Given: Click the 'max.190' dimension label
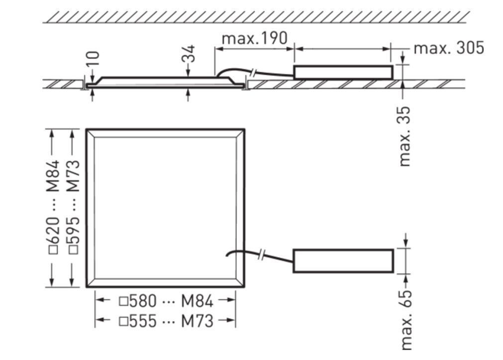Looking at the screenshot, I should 254,38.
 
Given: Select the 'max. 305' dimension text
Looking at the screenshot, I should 448,48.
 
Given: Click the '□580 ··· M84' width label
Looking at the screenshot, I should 166,301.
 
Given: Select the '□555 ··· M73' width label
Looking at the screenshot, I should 166,321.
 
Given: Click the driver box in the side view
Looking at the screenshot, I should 343,73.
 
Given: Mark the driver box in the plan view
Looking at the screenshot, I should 343,261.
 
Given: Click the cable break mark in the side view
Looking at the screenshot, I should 254,73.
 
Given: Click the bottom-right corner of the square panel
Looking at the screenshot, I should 244,287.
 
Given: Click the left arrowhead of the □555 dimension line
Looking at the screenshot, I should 99,321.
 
